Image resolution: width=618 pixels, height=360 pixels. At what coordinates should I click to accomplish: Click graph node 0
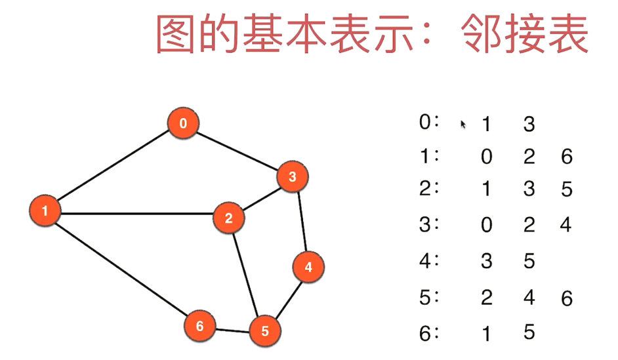(x=183, y=123)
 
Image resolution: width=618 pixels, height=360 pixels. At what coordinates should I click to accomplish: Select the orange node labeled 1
(x=45, y=210)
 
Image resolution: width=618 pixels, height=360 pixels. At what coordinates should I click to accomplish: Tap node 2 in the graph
(x=228, y=218)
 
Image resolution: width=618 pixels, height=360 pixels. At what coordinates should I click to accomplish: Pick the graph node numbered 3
(x=293, y=176)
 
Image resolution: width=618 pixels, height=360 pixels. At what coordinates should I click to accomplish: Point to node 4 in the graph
(x=308, y=267)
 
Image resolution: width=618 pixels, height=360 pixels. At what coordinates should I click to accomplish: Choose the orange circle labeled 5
(x=265, y=331)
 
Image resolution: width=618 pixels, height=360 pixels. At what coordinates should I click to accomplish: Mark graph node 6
(x=200, y=326)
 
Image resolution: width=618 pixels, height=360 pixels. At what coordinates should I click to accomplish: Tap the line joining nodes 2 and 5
(x=245, y=275)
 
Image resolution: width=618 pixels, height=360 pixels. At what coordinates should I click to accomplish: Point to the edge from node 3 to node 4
(x=302, y=222)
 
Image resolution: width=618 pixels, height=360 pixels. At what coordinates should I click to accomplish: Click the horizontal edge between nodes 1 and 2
(x=136, y=214)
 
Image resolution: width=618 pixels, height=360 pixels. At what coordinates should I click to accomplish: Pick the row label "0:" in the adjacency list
(x=429, y=122)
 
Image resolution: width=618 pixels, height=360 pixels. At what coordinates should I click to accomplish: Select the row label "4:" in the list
(x=429, y=260)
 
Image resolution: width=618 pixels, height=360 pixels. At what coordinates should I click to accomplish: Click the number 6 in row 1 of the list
(x=567, y=156)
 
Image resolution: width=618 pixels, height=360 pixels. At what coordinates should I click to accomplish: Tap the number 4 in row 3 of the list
(x=566, y=224)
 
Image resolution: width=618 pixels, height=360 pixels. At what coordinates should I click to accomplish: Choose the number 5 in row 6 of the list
(x=529, y=332)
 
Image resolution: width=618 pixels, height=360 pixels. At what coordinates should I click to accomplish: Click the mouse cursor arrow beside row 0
(x=463, y=125)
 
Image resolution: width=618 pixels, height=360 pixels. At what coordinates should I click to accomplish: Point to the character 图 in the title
(x=175, y=33)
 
